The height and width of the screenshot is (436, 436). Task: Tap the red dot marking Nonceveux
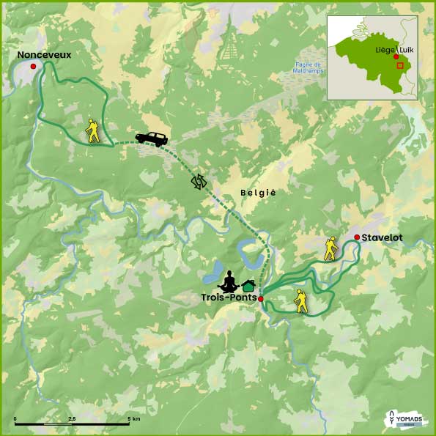[33, 67]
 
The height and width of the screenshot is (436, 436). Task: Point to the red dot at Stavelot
[356, 237]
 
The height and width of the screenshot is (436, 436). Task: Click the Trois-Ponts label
[229, 298]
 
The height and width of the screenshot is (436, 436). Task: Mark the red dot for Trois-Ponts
[261, 299]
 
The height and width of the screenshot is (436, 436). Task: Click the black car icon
[152, 137]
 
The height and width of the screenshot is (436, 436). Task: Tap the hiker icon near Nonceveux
[92, 130]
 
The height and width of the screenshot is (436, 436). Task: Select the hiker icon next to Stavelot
[331, 249]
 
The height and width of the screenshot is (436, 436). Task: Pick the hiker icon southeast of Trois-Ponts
[300, 301]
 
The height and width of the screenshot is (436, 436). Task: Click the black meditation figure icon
[229, 281]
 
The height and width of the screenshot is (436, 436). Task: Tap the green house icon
[248, 285]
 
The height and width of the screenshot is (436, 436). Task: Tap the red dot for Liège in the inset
[396, 56]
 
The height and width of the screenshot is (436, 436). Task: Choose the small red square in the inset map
[399, 65]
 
